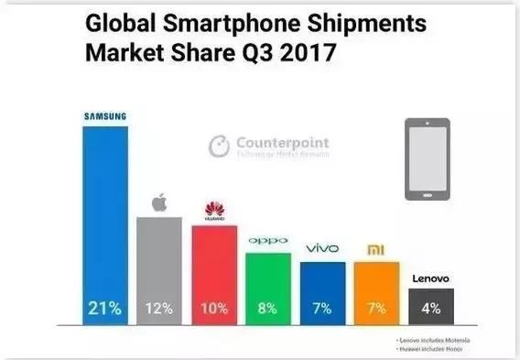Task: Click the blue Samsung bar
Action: pos(105,220)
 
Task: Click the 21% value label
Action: pos(105,309)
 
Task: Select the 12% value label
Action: pos(159,309)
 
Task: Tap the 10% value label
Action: pos(214,309)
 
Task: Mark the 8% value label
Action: pos(269,309)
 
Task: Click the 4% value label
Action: pos(430,309)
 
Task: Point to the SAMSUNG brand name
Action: pos(104,115)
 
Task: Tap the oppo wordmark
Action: pos(269,241)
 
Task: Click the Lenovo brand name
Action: pos(430,277)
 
